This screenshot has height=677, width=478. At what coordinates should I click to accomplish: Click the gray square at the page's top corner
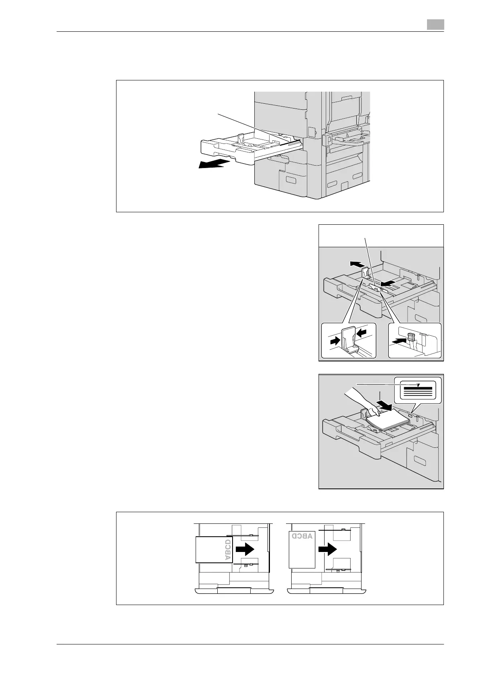pyautogui.click(x=435, y=25)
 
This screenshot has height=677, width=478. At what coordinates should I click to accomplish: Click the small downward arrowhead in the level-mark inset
pyautogui.click(x=419, y=385)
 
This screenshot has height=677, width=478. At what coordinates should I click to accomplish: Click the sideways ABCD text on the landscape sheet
pyautogui.click(x=227, y=550)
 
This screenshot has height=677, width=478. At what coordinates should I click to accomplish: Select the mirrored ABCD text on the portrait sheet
pyautogui.click(x=302, y=536)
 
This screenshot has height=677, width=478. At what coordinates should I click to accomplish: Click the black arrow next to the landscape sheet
pyautogui.click(x=245, y=548)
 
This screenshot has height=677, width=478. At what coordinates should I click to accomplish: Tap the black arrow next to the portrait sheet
pyautogui.click(x=327, y=549)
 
